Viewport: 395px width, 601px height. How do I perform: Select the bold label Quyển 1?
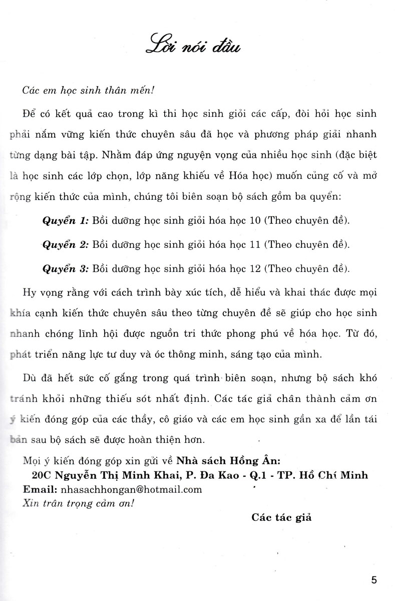65,220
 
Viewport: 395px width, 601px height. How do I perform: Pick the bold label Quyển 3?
65,268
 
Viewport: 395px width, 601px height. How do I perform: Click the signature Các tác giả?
282,517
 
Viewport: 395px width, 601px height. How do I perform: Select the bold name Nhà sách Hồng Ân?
221,460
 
